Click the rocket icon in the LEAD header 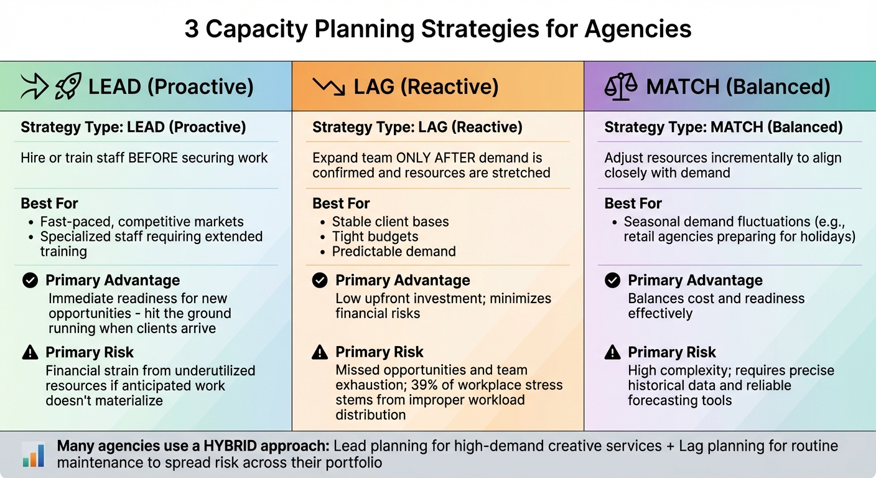click(68, 87)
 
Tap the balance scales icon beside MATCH click(621, 87)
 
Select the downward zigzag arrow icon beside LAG click(328, 87)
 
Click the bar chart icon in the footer click(33, 454)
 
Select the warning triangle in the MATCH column click(613, 353)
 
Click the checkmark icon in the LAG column click(320, 281)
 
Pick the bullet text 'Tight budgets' click(375, 237)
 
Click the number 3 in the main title click(192, 29)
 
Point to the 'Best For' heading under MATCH click(633, 204)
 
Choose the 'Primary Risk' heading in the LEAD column click(90, 353)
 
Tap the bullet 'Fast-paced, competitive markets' click(142, 222)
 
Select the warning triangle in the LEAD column click(30, 353)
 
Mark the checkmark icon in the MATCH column click(613, 281)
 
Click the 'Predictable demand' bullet click(394, 251)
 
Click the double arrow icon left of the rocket click(34, 87)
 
